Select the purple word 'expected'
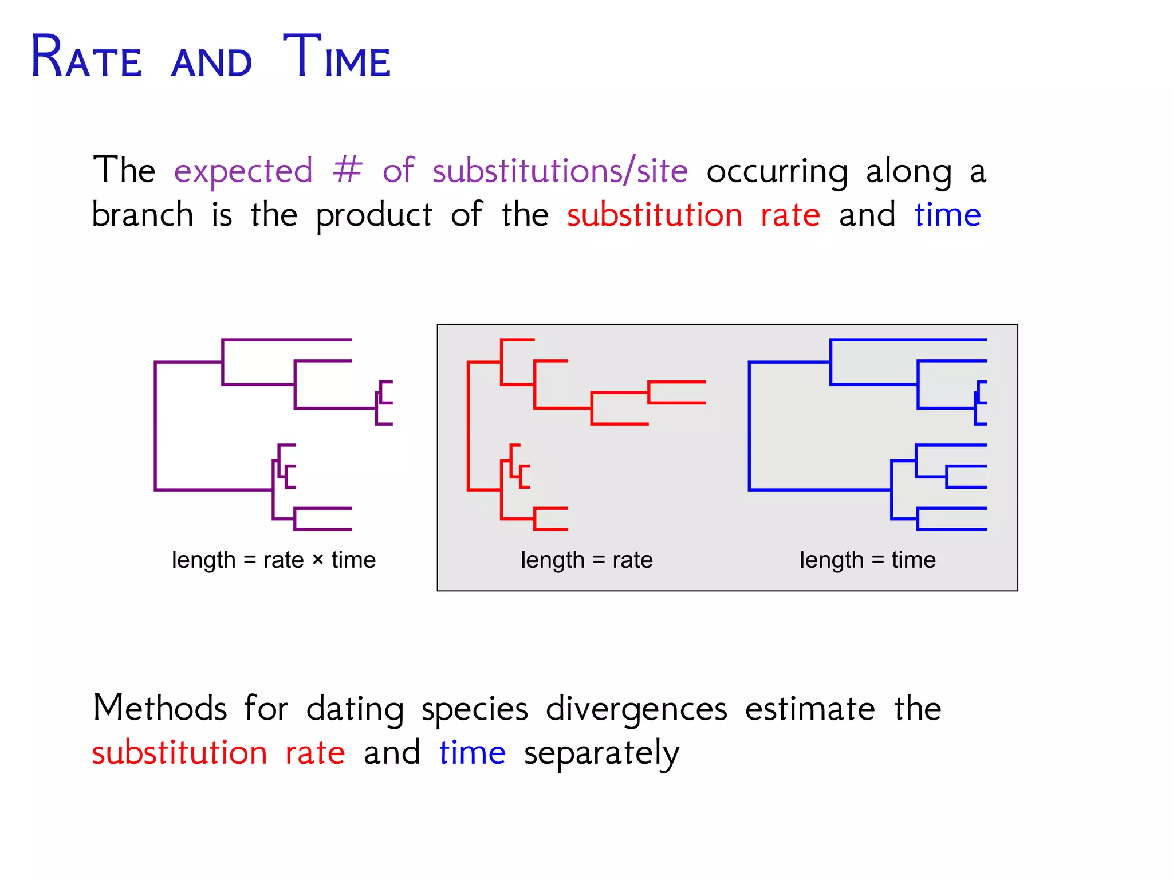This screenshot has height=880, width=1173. point(243,171)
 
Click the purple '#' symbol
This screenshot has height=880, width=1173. point(348,170)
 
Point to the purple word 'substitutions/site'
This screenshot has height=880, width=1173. point(560,171)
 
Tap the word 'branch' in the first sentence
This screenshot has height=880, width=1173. point(143,215)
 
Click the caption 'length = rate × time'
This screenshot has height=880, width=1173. point(274,560)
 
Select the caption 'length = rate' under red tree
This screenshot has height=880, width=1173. point(586,560)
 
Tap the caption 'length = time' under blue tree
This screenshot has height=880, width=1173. point(867,560)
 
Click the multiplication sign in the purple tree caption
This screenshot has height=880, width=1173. point(318,560)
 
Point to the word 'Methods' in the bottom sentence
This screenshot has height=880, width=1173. point(160,708)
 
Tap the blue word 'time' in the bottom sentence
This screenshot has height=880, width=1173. point(473,753)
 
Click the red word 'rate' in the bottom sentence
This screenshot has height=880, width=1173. point(315,753)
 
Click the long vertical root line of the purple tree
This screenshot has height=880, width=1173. point(155,426)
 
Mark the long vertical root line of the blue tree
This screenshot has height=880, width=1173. point(749,426)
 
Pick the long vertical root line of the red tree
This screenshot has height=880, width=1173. point(468,426)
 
